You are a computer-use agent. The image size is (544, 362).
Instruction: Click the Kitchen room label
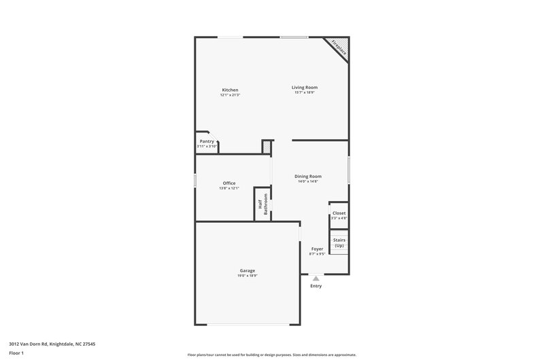(x=230, y=90)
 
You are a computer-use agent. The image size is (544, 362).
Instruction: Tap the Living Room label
(x=305, y=87)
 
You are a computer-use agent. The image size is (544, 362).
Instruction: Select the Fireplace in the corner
(x=338, y=47)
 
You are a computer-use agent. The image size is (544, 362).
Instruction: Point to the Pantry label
(x=207, y=141)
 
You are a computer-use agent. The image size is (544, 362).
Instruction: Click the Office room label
(x=229, y=183)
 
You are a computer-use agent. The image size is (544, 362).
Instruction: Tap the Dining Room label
(x=308, y=176)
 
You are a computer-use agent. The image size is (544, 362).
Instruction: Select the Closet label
(x=339, y=213)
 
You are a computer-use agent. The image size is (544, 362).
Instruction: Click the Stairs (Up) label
(x=339, y=242)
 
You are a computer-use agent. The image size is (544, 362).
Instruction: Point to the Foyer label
(x=317, y=249)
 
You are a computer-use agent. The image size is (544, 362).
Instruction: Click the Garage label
(x=248, y=270)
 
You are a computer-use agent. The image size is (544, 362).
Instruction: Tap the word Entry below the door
(x=316, y=286)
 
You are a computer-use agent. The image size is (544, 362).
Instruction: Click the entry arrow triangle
(x=316, y=277)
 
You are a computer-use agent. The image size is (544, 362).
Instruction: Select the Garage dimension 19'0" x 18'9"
(x=248, y=276)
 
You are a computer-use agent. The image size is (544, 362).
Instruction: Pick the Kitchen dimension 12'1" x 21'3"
(x=230, y=95)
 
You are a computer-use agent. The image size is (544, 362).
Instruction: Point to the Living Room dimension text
(x=305, y=92)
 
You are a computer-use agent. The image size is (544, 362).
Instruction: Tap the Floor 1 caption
(x=16, y=353)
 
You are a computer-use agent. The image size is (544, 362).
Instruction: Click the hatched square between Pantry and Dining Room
(x=267, y=147)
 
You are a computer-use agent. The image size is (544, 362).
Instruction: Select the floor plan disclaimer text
(x=272, y=355)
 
